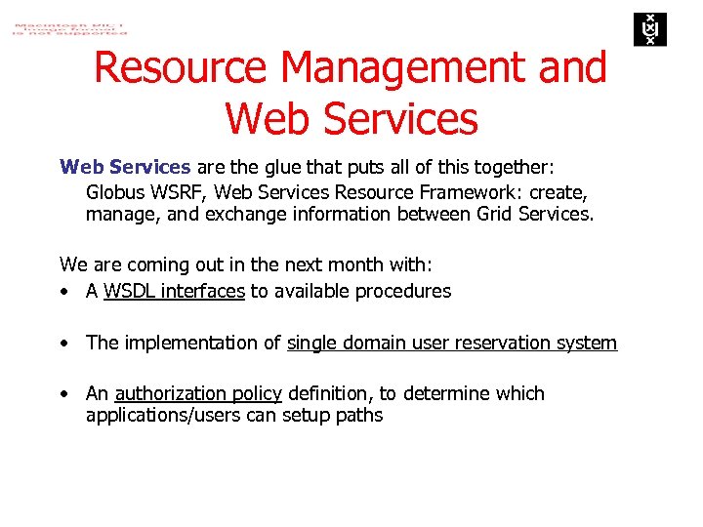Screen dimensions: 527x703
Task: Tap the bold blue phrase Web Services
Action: [x=125, y=167]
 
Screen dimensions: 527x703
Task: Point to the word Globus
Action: [x=115, y=190]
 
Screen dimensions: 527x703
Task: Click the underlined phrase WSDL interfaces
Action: [x=174, y=291]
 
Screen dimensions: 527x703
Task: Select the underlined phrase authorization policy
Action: [x=198, y=393]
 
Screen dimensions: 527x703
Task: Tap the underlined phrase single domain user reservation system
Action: [x=452, y=343]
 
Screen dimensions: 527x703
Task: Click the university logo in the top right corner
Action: [x=647, y=29]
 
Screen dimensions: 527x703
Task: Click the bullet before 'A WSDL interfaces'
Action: [x=63, y=292]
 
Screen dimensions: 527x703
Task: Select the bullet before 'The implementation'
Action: [x=63, y=344]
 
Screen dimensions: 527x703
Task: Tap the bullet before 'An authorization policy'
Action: [x=63, y=394]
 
